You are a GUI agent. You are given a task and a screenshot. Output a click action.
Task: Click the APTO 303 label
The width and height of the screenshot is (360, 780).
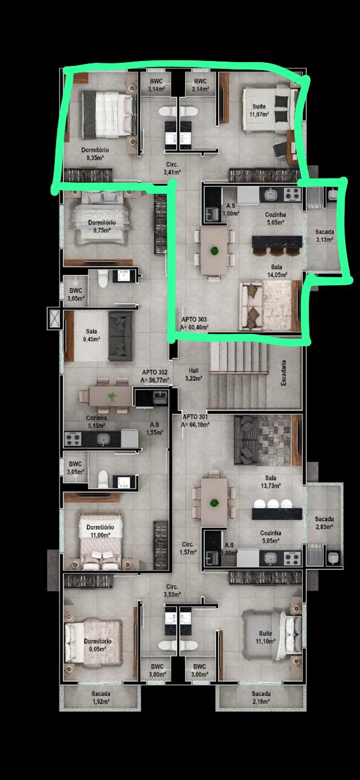(x=195, y=323)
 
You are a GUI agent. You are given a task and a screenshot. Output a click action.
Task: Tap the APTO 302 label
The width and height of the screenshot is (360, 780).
(x=155, y=376)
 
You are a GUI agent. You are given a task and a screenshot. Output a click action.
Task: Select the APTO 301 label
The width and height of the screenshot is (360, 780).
(x=196, y=420)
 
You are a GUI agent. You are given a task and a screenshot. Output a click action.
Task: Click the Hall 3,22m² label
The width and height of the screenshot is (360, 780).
(x=194, y=374)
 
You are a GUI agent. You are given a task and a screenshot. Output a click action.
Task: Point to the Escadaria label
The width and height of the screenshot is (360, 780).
(x=284, y=373)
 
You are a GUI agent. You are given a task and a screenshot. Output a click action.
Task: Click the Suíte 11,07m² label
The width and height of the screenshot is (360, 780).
(x=259, y=110)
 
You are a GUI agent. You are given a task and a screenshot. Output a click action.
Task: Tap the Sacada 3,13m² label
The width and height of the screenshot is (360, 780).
(x=325, y=235)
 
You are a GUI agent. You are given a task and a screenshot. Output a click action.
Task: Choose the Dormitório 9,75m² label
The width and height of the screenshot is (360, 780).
(x=102, y=226)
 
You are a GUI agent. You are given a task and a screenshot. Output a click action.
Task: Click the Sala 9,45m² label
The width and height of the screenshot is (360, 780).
(x=91, y=335)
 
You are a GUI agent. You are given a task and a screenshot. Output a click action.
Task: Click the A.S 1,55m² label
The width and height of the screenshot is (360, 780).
(x=155, y=428)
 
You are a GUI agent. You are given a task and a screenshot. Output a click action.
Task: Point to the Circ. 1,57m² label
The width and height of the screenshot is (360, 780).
(x=188, y=548)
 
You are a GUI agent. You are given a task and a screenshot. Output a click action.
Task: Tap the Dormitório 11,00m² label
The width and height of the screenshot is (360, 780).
(x=101, y=531)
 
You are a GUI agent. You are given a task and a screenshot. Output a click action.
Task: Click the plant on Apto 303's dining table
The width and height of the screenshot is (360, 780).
(x=214, y=250)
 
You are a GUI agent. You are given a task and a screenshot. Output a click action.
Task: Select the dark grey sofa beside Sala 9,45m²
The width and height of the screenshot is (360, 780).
(x=121, y=336)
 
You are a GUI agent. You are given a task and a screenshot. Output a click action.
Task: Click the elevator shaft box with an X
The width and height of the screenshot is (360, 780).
(x=55, y=319)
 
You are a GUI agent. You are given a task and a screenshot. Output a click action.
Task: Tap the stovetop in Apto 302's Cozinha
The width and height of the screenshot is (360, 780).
(x=73, y=439)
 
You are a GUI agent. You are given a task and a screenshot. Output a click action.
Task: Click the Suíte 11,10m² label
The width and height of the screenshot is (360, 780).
(x=266, y=637)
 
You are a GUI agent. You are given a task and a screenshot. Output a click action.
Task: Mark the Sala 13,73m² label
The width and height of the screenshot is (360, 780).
(x=270, y=481)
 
